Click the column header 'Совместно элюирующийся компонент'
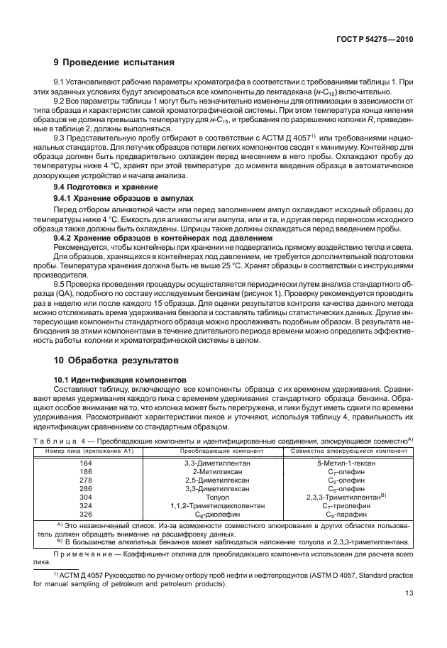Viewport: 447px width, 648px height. (348, 451)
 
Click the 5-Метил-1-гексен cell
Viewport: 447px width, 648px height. (348, 463)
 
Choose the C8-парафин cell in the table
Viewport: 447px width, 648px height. (348, 514)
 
